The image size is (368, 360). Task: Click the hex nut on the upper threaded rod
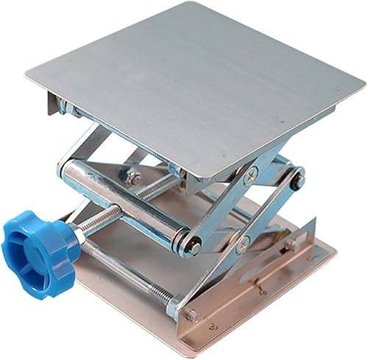click(133, 177)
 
